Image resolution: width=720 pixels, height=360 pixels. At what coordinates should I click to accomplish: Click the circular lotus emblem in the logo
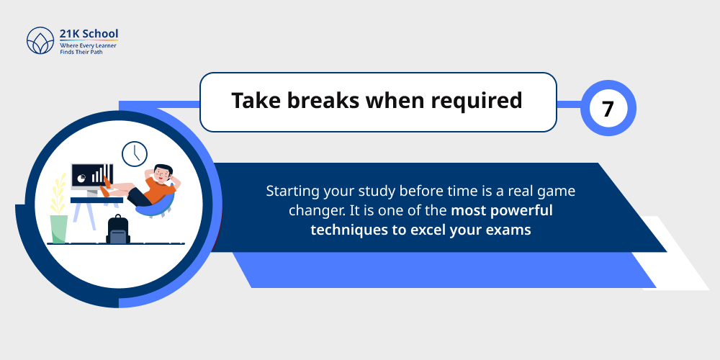(40, 42)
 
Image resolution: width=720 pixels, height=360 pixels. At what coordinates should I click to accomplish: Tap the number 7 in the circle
(608, 109)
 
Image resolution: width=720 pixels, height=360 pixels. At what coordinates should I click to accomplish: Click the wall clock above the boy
(134, 153)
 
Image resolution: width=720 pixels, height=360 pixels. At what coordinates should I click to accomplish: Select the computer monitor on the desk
(91, 176)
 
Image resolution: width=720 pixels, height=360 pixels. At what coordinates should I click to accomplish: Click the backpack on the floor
(117, 230)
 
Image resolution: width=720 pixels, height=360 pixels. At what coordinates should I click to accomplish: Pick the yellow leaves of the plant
(57, 194)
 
